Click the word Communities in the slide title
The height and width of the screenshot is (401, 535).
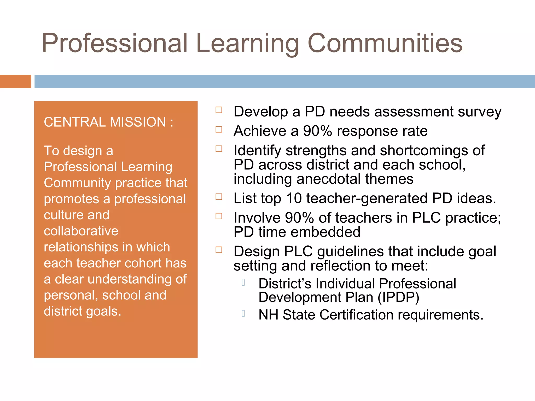click(x=385, y=43)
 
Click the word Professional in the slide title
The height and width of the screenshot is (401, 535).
click(x=115, y=43)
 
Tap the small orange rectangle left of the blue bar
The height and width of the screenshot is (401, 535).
click(x=15, y=81)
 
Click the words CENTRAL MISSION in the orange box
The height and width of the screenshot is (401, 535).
click(x=105, y=122)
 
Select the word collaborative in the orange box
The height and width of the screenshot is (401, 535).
click(x=81, y=231)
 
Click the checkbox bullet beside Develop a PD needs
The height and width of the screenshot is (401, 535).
click(x=219, y=110)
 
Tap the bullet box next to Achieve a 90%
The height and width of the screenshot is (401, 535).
click(x=219, y=129)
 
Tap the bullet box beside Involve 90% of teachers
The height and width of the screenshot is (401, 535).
click(x=219, y=216)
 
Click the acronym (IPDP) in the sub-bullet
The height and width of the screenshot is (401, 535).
click(x=398, y=297)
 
